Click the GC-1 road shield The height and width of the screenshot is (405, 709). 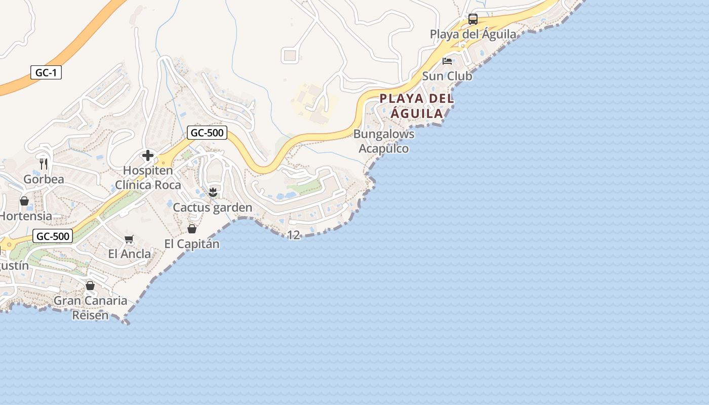pos(46,72)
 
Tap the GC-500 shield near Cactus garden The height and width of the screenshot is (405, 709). pos(207,133)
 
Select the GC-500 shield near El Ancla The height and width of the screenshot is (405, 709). pos(53,236)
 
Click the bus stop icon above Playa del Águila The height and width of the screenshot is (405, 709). pos(473,19)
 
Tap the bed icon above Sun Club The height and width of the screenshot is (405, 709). pos(447,61)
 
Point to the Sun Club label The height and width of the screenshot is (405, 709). pos(447,76)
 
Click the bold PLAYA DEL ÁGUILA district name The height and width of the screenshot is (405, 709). pos(417,106)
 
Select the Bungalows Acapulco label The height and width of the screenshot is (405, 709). pos(384,141)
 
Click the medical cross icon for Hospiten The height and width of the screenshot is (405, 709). pos(148,155)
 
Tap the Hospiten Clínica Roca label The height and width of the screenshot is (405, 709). pos(148,178)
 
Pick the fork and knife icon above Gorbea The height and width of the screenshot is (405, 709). pos(44,164)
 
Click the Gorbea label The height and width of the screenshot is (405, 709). pos(44,179)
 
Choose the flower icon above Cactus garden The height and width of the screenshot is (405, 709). pos(213,192)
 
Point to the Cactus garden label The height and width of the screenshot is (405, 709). pos(213,208)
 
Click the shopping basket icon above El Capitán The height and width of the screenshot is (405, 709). pos(192,229)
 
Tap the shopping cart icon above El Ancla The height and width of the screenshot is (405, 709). pos(129,239)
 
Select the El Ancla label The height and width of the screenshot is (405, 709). pos(130,254)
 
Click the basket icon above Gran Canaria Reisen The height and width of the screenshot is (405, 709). pos(90,286)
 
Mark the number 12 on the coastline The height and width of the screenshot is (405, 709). pos(294,235)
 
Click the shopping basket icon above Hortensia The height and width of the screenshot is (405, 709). pos(24,201)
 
